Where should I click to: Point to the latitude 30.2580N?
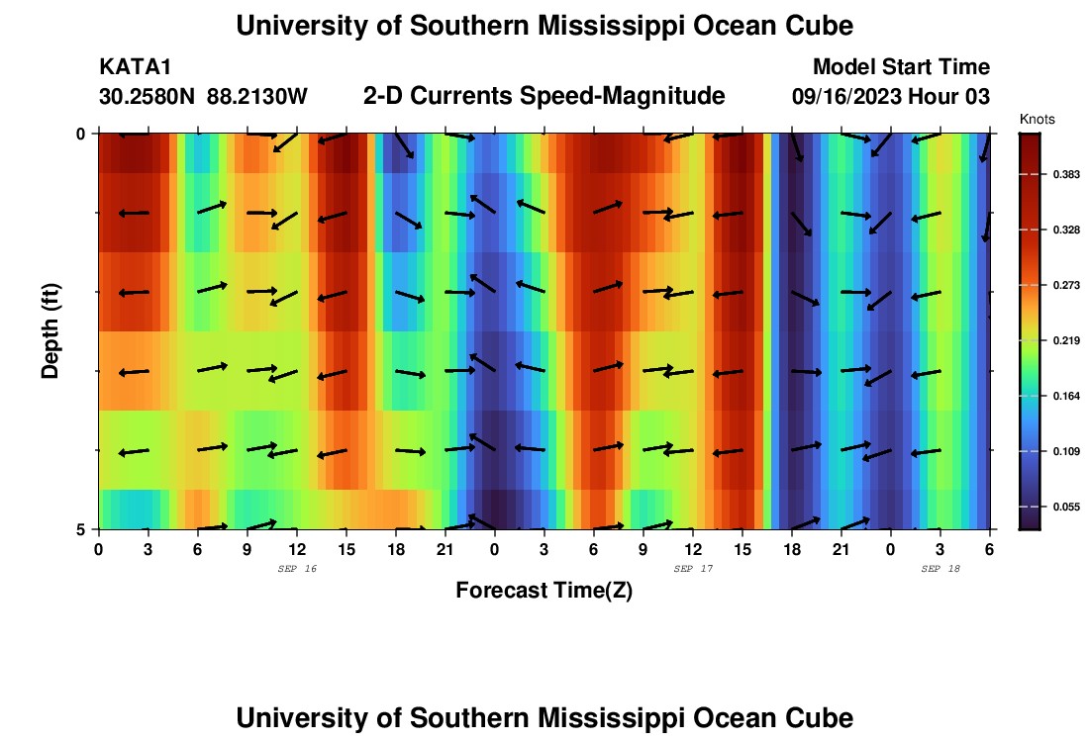[148, 97]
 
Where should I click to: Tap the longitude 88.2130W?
[257, 97]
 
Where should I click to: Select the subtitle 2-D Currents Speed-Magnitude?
[544, 96]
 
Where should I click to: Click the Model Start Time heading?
[901, 67]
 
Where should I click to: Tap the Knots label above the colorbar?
[1037, 119]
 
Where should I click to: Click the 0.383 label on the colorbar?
[1067, 174]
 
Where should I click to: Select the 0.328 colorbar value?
[1067, 230]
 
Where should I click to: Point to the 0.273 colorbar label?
[1067, 285]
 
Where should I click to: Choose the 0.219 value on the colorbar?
[1067, 340]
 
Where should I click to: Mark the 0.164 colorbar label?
[1067, 396]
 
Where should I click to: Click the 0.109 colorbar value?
[1067, 451]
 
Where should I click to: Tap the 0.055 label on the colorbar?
[1067, 507]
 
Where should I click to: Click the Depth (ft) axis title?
[50, 330]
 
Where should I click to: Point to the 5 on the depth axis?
[81, 529]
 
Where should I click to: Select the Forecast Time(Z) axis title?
[544, 591]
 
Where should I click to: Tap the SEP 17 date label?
[693, 569]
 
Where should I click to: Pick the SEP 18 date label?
[940, 569]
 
